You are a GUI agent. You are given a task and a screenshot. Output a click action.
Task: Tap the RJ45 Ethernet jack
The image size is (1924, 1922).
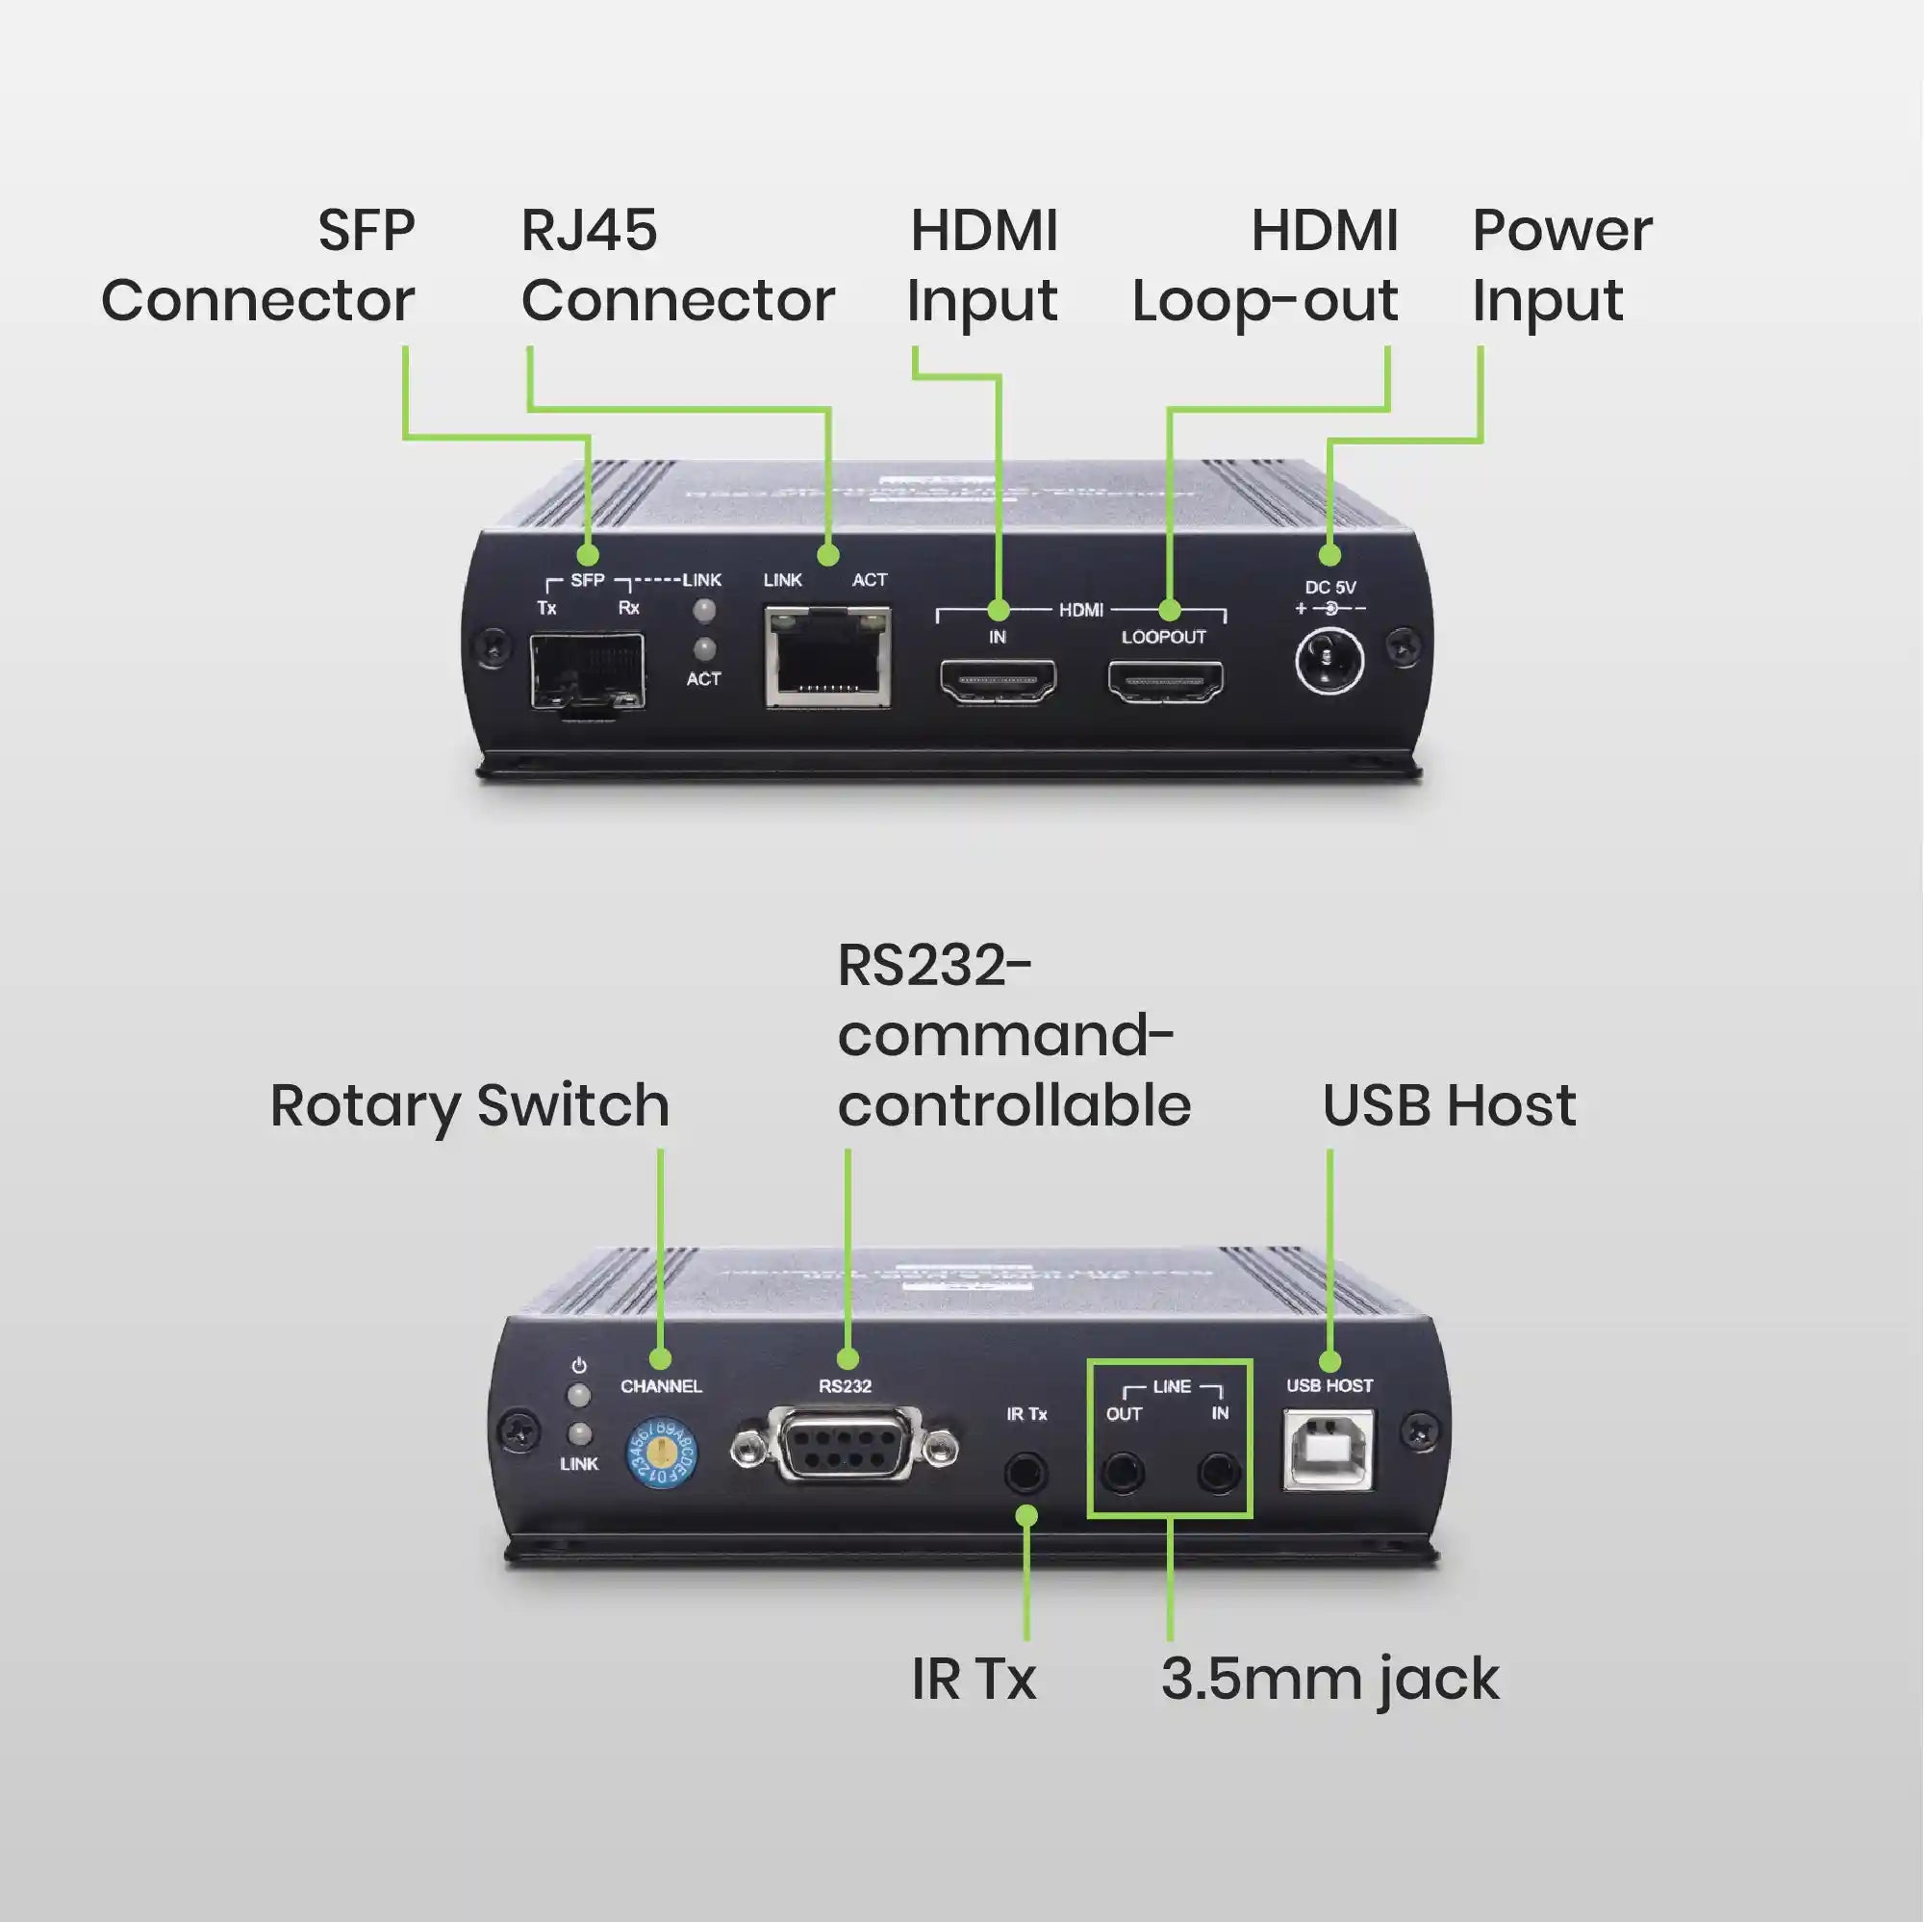[x=827, y=660]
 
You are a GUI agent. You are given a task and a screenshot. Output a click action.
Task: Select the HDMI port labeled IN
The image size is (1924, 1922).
[x=998, y=680]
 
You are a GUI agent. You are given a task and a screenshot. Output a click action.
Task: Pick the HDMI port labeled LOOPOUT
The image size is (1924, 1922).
[x=1165, y=681]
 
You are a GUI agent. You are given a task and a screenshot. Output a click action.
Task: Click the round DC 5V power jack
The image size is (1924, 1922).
[x=1329, y=661]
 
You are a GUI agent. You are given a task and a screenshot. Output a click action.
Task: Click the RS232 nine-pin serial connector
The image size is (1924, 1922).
[x=845, y=1446]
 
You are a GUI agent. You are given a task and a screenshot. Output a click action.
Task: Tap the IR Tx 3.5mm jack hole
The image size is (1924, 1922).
[x=1025, y=1471]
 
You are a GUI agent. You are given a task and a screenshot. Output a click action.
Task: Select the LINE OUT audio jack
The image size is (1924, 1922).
[x=1124, y=1472]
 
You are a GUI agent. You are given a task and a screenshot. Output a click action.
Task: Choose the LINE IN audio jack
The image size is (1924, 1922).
[x=1218, y=1472]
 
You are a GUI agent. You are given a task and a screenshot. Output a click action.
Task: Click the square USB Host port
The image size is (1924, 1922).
[x=1329, y=1450]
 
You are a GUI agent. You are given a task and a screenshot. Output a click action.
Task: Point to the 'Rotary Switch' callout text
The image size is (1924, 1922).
[x=469, y=1105]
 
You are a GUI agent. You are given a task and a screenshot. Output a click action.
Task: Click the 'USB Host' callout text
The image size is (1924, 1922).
[x=1449, y=1105]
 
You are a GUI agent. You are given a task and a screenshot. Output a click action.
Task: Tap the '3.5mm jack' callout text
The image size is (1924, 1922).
[x=1329, y=1679]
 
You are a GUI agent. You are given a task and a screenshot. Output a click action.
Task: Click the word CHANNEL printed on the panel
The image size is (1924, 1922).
[x=661, y=1386]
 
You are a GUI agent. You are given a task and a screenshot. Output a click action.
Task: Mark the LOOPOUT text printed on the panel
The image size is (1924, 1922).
[x=1163, y=638]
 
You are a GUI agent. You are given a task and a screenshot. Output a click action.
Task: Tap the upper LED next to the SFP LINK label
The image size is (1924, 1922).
[x=704, y=610]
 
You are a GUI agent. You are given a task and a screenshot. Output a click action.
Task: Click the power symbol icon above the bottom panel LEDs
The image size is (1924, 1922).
[x=578, y=1365]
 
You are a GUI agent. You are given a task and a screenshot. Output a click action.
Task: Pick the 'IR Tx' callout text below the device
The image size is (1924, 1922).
[x=973, y=1679]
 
